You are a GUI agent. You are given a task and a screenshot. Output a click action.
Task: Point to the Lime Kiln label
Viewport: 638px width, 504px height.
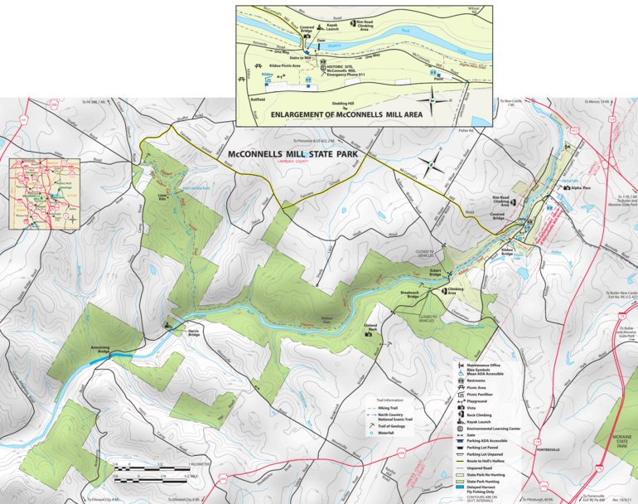coord(163,198)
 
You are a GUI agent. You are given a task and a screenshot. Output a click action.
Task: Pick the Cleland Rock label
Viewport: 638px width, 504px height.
coord(370,327)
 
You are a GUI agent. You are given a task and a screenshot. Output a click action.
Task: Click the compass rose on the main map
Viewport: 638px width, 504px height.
coord(430,166)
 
